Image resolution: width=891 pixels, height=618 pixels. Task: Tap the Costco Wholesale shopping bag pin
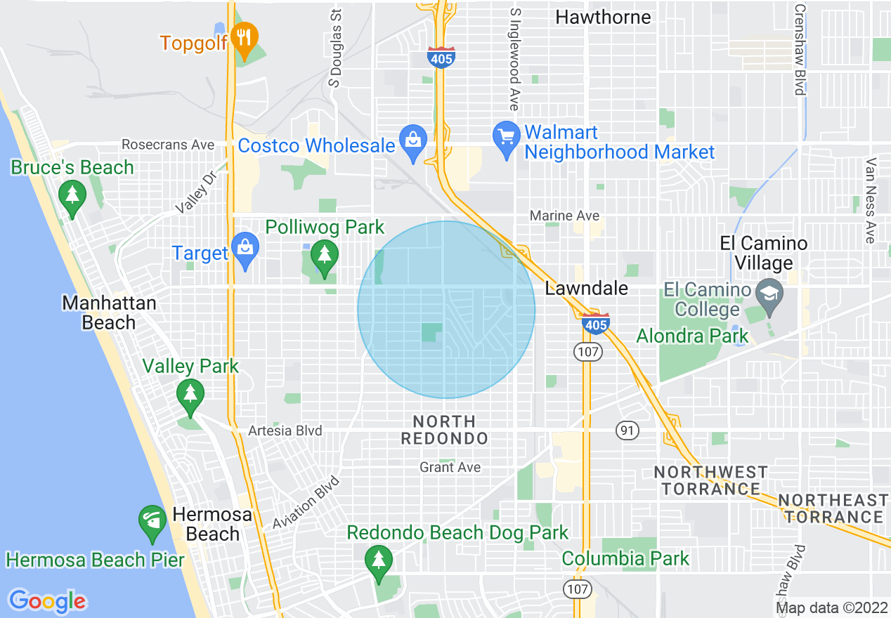(412, 141)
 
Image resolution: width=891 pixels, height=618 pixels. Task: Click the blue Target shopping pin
(245, 249)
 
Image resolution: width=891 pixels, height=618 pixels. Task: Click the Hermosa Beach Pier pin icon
(152, 522)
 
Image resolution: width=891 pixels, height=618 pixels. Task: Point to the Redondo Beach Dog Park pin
(379, 562)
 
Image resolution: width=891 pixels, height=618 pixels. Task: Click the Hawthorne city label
(603, 17)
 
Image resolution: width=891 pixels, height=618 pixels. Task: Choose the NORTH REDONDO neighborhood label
(444, 430)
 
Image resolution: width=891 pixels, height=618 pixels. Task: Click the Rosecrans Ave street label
(168, 145)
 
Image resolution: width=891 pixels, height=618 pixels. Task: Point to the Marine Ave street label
(564, 216)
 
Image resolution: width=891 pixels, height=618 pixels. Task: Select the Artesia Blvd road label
(285, 430)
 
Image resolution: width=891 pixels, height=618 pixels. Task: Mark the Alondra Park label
(692, 336)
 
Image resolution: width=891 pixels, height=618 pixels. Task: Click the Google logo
(47, 601)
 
